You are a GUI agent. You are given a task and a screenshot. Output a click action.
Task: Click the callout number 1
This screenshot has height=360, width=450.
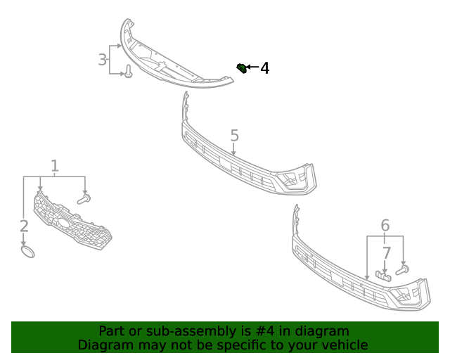(x=54, y=166)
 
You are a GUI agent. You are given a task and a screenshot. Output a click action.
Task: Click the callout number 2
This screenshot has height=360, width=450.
(x=24, y=226)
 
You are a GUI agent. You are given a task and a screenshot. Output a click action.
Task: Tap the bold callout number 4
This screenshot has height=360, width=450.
(x=265, y=68)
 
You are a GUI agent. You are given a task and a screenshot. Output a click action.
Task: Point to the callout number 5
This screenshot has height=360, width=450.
(x=234, y=135)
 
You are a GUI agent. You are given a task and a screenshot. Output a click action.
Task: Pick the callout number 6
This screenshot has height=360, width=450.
(x=385, y=226)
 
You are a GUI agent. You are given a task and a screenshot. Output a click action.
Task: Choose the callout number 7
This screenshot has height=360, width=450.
(x=386, y=252)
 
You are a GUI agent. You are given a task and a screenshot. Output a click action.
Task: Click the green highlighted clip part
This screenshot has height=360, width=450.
(x=241, y=67)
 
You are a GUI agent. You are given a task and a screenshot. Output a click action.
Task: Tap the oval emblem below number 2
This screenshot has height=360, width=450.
(x=27, y=251)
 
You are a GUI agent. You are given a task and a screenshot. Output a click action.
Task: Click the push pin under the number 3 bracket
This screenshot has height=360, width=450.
(x=129, y=72)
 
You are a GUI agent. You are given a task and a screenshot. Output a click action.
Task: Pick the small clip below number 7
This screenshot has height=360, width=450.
(x=383, y=275)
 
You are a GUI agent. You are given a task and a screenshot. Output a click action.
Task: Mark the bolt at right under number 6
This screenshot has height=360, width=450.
(x=403, y=269)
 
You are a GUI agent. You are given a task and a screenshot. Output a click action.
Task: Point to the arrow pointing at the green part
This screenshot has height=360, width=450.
(x=252, y=68)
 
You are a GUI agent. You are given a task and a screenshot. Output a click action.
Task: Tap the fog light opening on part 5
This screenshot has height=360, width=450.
(x=292, y=181)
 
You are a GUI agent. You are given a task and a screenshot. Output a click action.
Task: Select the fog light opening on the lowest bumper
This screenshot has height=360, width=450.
(x=406, y=295)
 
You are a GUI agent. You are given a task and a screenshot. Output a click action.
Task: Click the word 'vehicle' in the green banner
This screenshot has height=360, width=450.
(x=342, y=345)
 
